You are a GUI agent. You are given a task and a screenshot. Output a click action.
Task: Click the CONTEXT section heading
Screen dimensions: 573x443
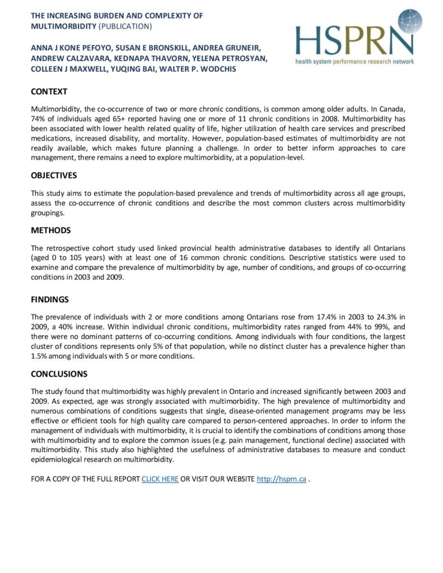click(49, 92)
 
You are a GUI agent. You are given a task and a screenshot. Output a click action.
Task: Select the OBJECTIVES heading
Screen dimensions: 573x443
click(54, 175)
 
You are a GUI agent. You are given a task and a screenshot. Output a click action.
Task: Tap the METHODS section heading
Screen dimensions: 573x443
click(51, 230)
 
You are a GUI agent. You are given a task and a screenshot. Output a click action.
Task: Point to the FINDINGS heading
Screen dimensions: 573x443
click(49, 299)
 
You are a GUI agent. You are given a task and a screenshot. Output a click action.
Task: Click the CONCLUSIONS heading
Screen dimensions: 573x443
click(59, 374)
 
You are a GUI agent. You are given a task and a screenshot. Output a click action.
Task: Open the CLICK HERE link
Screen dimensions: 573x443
click(160, 480)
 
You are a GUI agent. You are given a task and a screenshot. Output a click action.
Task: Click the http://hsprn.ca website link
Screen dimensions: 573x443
click(281, 480)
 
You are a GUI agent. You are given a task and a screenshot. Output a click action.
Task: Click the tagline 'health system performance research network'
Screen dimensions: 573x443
click(355, 61)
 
